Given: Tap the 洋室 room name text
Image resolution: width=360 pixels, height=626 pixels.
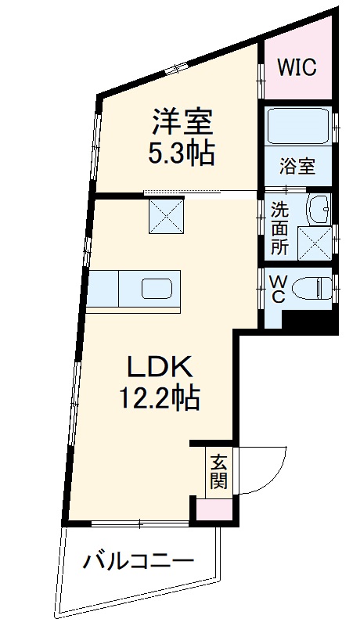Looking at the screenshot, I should click(182, 123).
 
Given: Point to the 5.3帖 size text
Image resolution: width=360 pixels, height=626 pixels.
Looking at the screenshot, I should click(182, 153).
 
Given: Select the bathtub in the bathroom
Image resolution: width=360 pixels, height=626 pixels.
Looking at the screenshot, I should click(297, 125).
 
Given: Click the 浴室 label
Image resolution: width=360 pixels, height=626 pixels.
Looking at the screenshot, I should click(298, 167).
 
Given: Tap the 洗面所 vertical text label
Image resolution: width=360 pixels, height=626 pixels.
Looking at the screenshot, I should click(279, 228).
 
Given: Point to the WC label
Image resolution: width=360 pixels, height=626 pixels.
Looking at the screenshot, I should click(277, 289).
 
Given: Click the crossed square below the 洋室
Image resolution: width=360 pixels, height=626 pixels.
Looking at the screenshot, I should click(166, 216).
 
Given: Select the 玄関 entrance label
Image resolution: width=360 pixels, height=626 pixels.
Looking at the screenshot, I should click(218, 470).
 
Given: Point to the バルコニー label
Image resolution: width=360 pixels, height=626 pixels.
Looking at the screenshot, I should click(139, 561).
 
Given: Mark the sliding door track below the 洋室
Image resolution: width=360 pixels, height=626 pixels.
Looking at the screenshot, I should click(201, 192).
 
